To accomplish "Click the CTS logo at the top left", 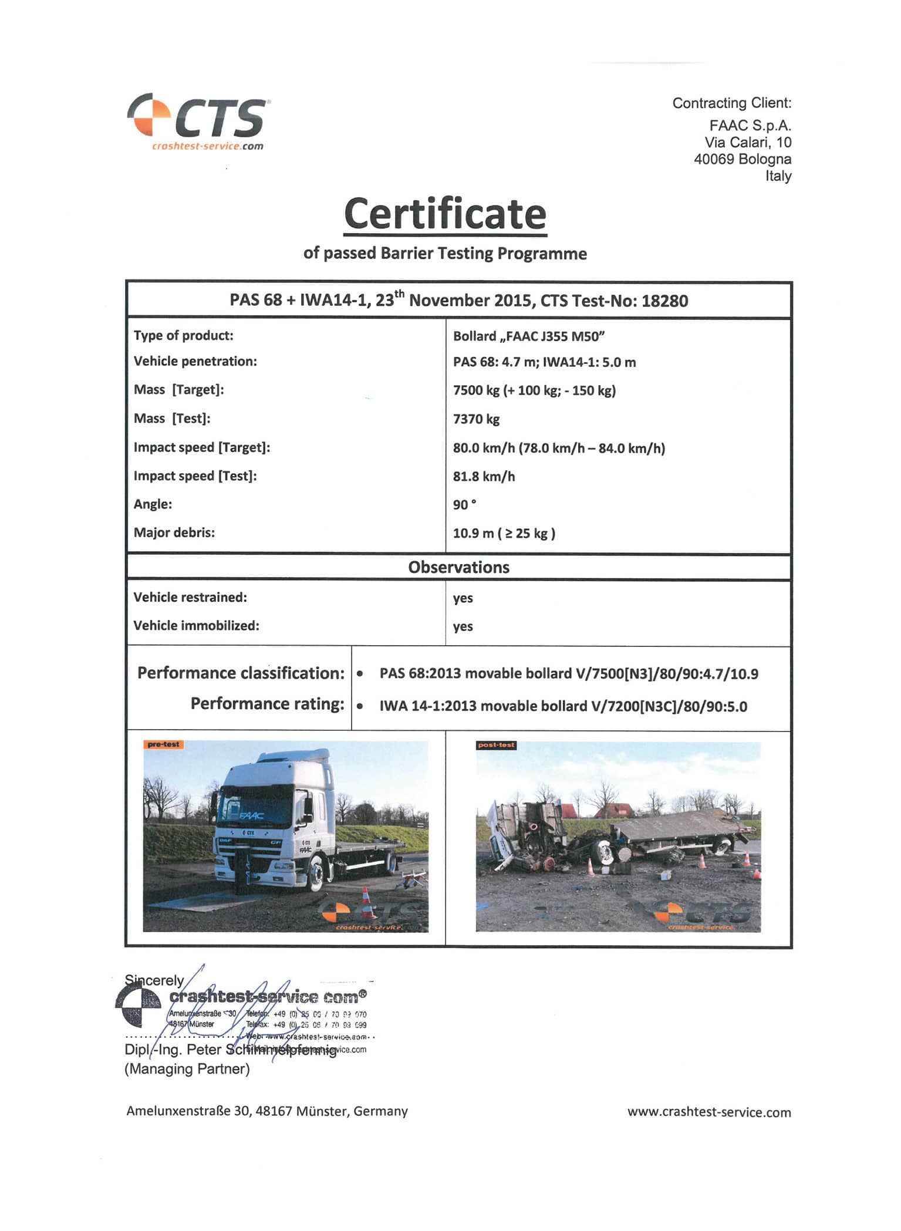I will point(197,120).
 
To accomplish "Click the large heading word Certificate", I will point(445,214).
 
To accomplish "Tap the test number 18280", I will point(664,301).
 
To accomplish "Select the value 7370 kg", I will point(476,419).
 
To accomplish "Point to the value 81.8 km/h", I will point(484,476).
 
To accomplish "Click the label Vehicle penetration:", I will point(195,361).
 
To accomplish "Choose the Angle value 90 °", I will point(464,505).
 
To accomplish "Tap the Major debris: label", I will point(174,532).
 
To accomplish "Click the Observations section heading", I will point(458,567).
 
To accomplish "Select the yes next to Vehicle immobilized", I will point(463,626).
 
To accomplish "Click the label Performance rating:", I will point(267,703).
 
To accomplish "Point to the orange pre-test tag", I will point(163,744).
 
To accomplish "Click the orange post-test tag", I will point(496,745).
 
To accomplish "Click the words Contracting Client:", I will point(731,103).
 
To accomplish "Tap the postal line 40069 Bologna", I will point(742,159).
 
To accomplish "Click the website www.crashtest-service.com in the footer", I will point(708,1112).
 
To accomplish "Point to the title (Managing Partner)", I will point(187,1068).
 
